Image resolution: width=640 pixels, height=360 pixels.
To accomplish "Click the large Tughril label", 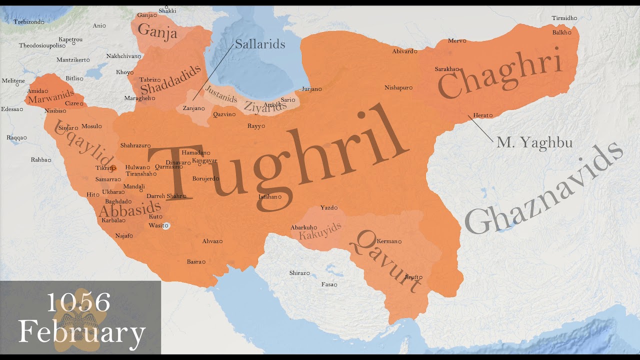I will pos(275,155).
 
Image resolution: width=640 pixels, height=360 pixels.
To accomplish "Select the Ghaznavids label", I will pos(542,190).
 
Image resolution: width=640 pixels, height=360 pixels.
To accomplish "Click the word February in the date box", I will pos(81,331).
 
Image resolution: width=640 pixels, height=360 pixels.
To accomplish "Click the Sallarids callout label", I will pos(260,44).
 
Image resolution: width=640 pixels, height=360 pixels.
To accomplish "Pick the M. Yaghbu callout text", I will pos(534,143).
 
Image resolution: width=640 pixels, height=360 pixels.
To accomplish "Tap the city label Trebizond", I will pos(28,22).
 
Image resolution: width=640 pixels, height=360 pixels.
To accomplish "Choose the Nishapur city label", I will pos(397,88).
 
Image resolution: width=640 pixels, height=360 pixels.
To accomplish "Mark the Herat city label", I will pos(480,115).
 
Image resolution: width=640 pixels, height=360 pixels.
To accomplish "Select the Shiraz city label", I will pos(298,273).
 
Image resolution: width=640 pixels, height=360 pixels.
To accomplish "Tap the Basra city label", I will pos(194,261).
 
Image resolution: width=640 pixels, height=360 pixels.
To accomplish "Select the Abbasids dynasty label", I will pos(129,210).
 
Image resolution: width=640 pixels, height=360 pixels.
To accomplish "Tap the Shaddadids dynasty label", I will pos(170,80).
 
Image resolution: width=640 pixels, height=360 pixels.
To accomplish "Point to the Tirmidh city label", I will pos(562,18).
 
